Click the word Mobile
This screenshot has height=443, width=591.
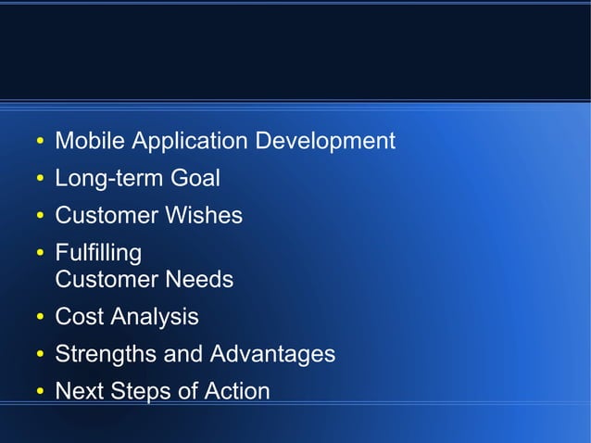tap(90, 141)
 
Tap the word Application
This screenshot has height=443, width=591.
tap(190, 141)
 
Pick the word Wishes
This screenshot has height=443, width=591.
tap(204, 215)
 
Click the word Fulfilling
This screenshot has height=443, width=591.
tap(98, 252)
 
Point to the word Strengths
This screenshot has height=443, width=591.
tap(106, 354)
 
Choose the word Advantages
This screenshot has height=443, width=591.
tap(272, 354)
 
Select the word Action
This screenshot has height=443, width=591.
tap(236, 391)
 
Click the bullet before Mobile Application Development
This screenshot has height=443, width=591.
tap(40, 143)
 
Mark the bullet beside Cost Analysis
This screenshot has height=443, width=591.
tap(40, 319)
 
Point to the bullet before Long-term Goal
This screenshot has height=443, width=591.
tap(40, 180)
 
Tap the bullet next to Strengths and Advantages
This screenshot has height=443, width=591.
tap(40, 356)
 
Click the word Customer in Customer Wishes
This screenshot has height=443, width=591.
tap(107, 215)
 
